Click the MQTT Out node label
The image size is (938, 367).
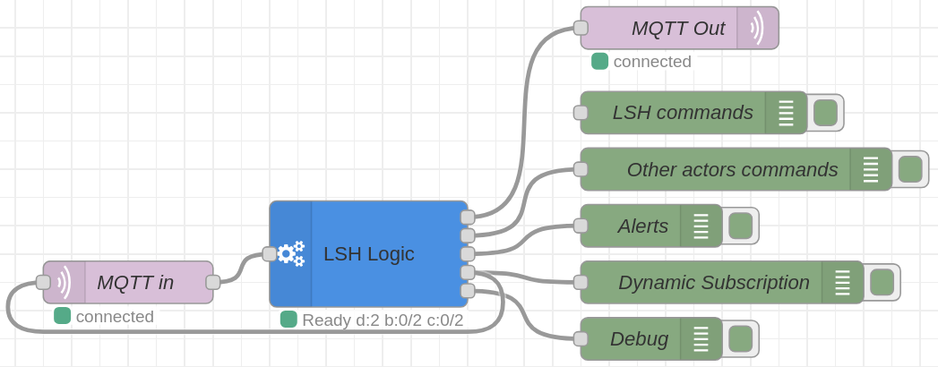[678, 28]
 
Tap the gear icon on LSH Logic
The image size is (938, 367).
[291, 254]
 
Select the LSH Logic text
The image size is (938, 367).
[368, 254]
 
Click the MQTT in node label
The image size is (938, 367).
[135, 282]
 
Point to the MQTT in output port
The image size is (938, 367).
[213, 282]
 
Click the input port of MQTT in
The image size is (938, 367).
[43, 282]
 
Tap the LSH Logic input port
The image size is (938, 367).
[269, 254]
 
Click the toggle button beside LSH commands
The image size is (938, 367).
[825, 113]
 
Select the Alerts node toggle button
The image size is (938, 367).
[741, 226]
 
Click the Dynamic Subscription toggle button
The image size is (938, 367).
[882, 282]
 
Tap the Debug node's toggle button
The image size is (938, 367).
[741, 339]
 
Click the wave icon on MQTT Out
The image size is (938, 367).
[757, 28]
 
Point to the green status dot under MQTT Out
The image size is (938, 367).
[600, 61]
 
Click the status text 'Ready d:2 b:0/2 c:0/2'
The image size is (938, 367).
[383, 320]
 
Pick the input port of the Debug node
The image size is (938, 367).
[581, 339]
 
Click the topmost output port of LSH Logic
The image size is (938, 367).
[468, 217]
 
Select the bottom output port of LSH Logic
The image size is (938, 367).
[468, 291]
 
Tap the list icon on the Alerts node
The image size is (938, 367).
[701, 226]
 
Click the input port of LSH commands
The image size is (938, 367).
[581, 113]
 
